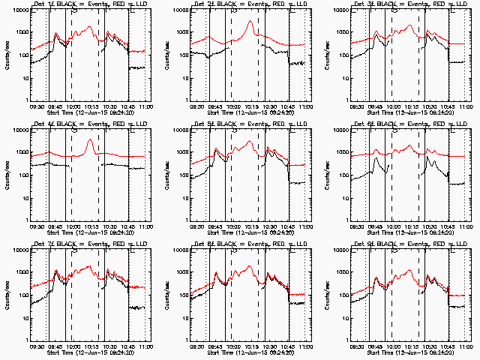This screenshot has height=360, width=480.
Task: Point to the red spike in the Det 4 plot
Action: tap(91, 140)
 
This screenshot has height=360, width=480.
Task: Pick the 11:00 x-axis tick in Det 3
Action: tap(467, 106)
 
